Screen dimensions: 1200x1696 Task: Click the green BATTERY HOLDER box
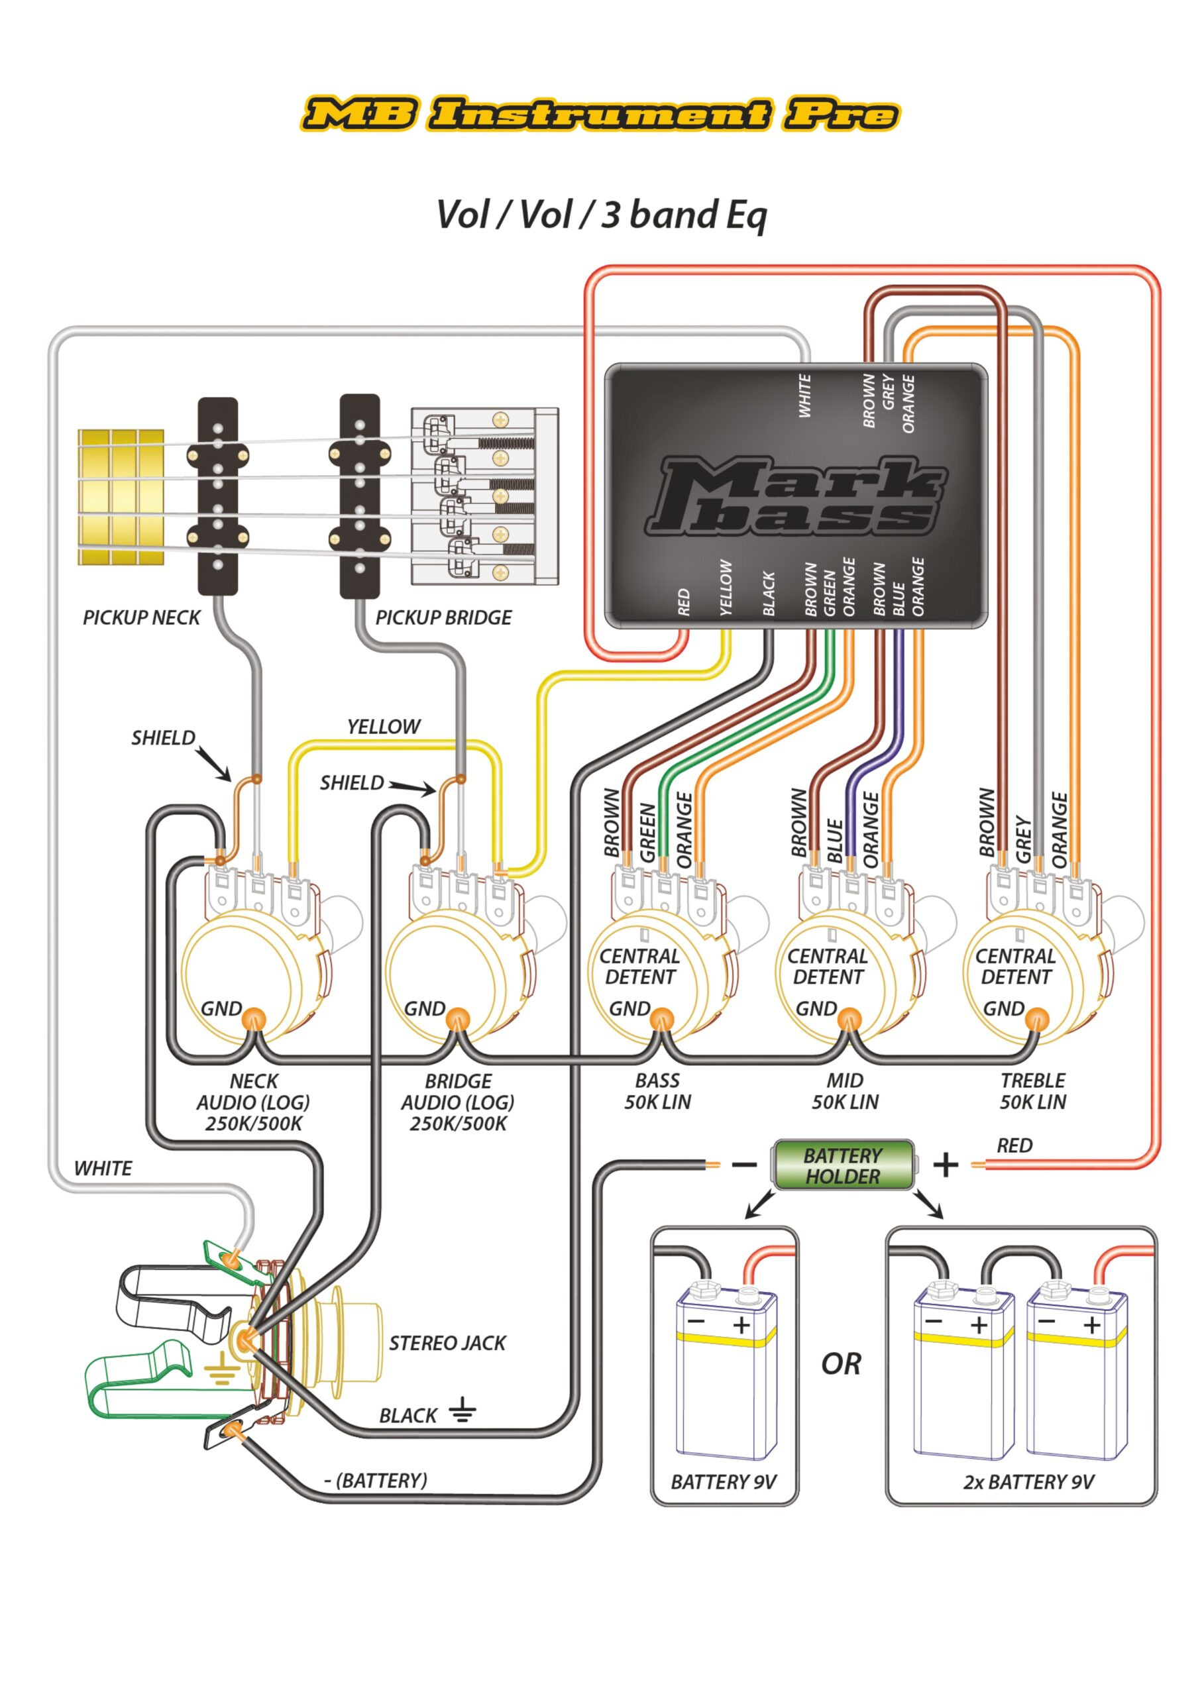tap(843, 1165)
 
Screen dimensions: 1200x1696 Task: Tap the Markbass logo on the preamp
tap(796, 496)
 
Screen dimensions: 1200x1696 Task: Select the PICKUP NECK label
tap(141, 617)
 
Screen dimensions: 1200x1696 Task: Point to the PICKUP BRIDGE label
tap(443, 617)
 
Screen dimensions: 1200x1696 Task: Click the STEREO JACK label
tap(448, 1342)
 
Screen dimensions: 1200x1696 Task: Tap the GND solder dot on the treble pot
tap(1038, 1020)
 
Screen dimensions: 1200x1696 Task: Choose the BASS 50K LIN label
tap(657, 1091)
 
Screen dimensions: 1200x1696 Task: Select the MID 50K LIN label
tap(845, 1091)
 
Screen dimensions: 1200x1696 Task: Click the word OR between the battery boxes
tap(841, 1363)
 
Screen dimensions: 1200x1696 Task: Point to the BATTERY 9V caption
tap(724, 1482)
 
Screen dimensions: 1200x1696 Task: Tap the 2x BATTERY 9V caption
tap(1028, 1482)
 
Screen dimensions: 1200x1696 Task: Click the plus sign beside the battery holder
tap(946, 1165)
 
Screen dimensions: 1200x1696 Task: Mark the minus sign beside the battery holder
tap(744, 1165)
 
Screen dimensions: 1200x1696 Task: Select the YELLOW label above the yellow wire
tap(384, 727)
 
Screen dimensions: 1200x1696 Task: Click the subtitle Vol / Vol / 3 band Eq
tap(602, 215)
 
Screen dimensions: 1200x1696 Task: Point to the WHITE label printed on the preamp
tap(804, 396)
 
